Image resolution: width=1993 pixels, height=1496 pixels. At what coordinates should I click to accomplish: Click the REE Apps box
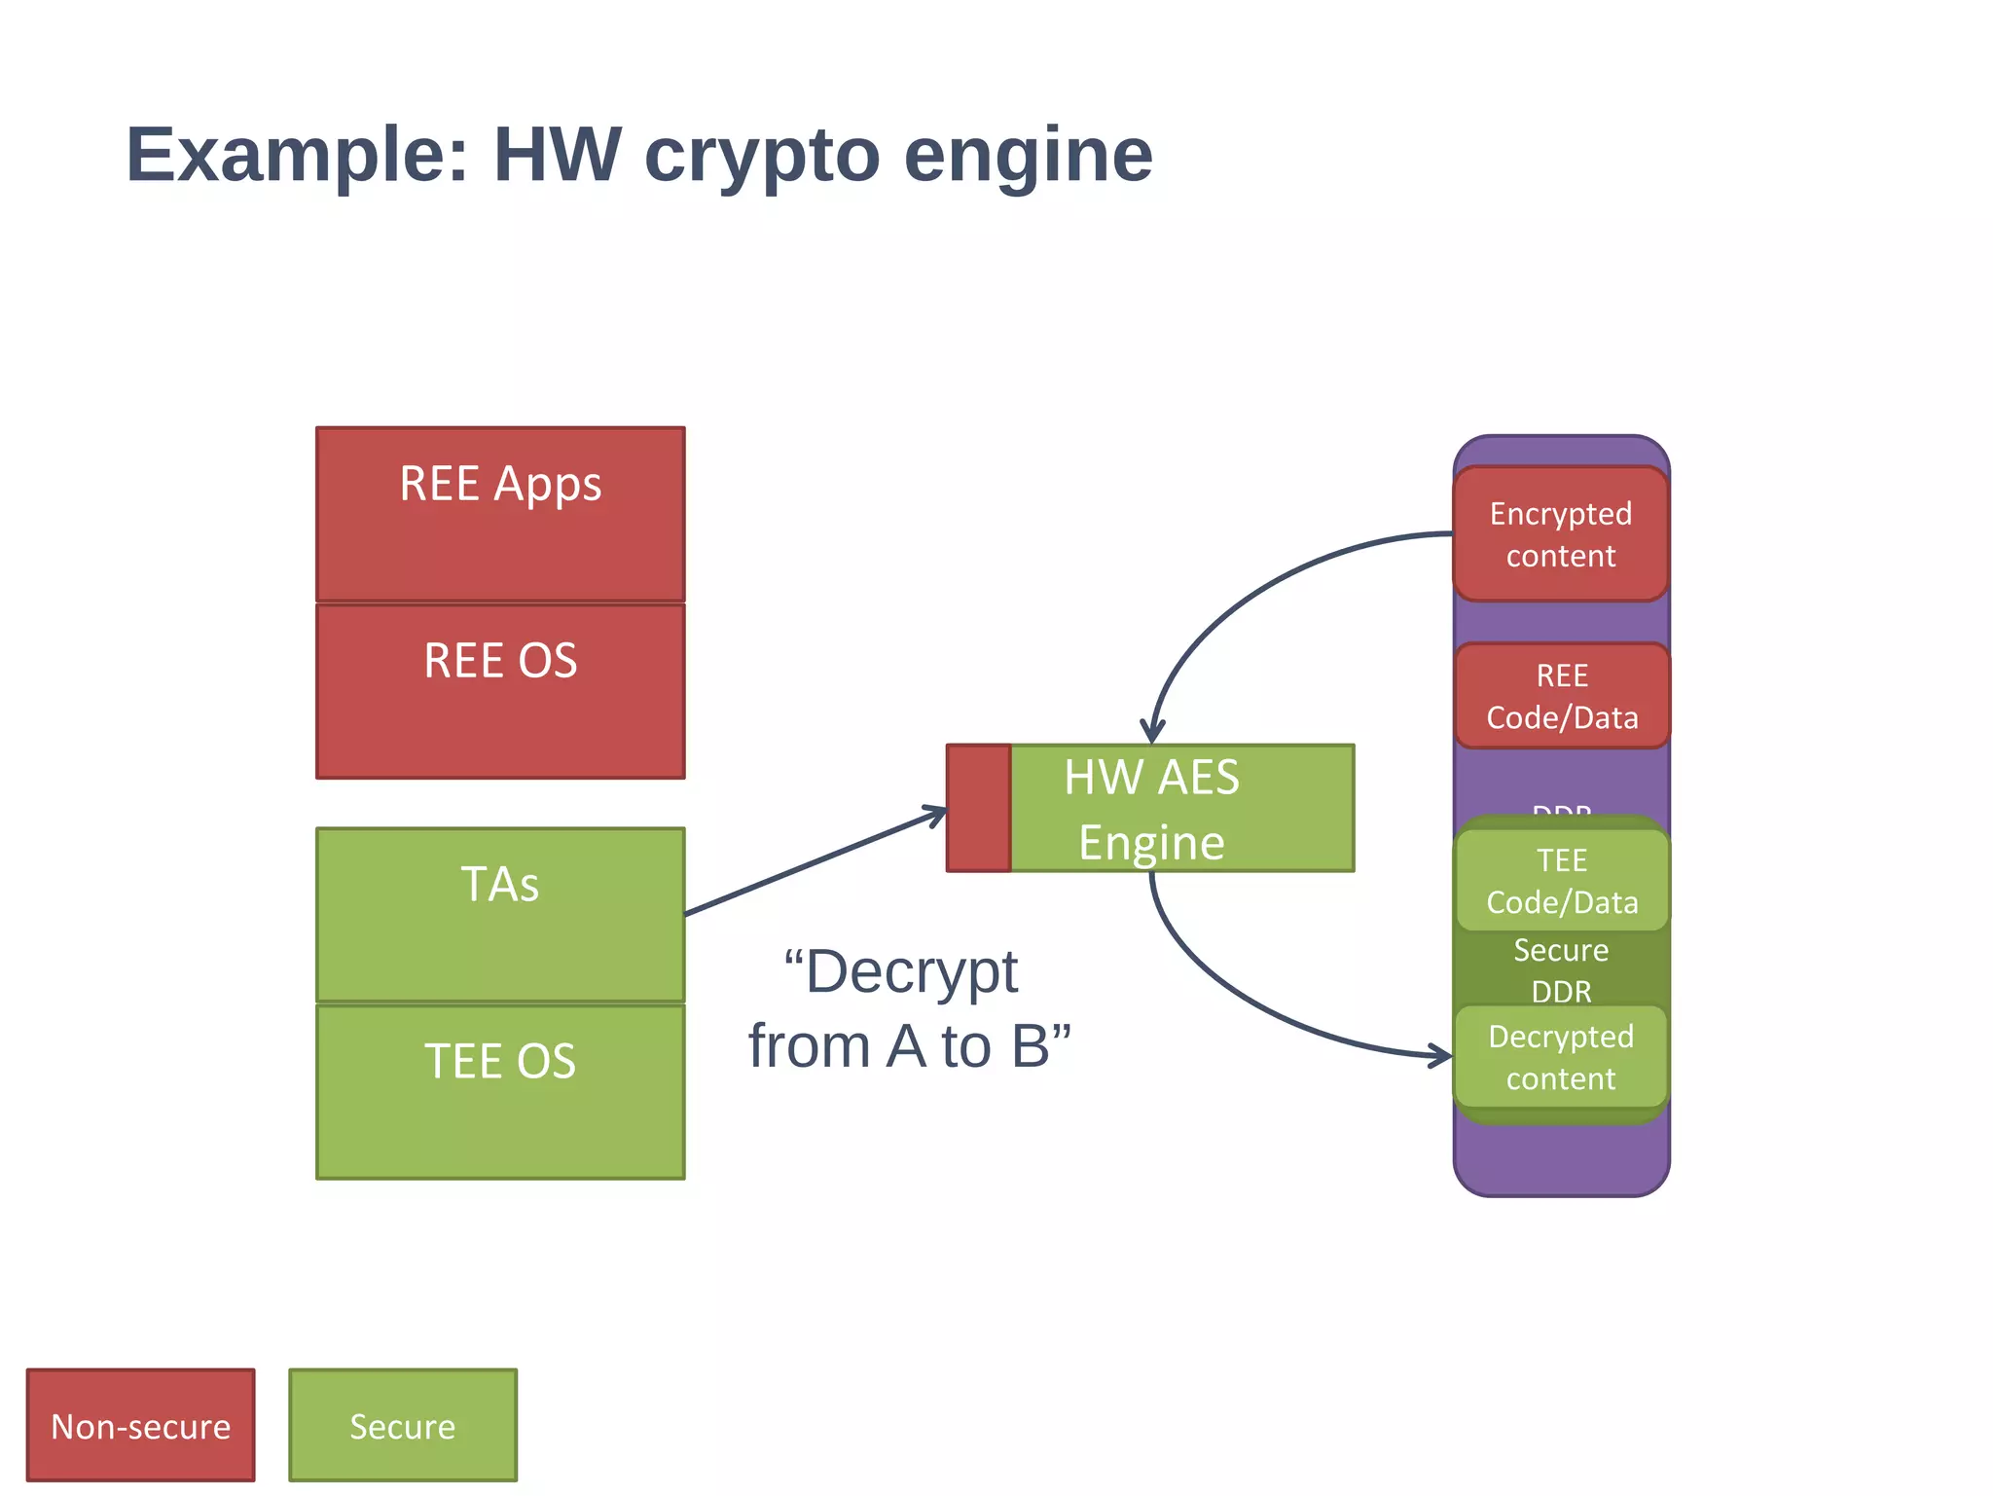point(500,514)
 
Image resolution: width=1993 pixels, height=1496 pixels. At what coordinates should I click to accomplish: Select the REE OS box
point(500,691)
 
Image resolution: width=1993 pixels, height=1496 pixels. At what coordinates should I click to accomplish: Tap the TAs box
point(500,914)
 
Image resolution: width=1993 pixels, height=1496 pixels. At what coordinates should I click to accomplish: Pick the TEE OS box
point(500,1091)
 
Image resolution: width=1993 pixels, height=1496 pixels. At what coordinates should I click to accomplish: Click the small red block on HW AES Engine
point(979,808)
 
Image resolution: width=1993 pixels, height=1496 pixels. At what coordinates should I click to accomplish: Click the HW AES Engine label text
point(1151,810)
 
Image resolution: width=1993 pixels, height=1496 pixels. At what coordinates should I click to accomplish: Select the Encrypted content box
point(1561,534)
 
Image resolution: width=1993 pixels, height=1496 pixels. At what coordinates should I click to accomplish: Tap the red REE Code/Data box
point(1562,696)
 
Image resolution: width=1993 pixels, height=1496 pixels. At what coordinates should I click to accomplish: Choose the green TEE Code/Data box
point(1562,881)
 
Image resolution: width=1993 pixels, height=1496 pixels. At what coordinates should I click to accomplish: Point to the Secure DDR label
point(1561,970)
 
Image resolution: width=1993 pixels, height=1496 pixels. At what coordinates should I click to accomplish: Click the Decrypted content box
point(1561,1057)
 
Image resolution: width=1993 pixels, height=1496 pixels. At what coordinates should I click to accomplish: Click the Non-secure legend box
point(141,1426)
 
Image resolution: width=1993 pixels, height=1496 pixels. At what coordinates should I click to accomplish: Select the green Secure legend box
point(403,1426)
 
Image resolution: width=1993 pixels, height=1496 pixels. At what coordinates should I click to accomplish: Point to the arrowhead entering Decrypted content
point(1444,1055)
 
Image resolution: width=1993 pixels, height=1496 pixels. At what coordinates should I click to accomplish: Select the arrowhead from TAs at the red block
point(937,813)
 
